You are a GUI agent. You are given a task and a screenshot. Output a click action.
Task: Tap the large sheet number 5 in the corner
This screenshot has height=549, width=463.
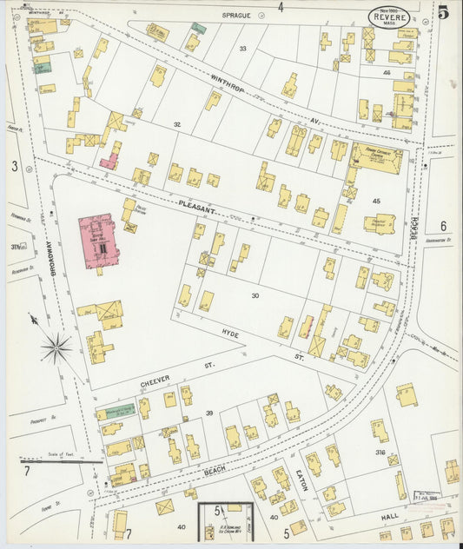click(x=443, y=12)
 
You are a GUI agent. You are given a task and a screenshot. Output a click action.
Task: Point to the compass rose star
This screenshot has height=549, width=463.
click(x=56, y=348)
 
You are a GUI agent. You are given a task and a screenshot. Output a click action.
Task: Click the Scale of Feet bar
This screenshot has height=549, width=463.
click(x=61, y=461)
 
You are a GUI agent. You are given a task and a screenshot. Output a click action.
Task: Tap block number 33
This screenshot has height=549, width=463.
click(x=243, y=48)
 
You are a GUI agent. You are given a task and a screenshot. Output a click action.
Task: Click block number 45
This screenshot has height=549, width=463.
click(x=376, y=201)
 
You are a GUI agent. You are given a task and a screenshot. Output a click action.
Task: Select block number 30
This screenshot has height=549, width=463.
click(x=255, y=296)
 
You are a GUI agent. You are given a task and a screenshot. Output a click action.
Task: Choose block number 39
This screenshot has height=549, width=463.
click(x=208, y=413)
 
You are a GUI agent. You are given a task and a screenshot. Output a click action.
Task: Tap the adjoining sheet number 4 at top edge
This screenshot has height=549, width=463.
click(x=281, y=7)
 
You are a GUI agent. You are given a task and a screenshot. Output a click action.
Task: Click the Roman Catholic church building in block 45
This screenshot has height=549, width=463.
click(x=375, y=157)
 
